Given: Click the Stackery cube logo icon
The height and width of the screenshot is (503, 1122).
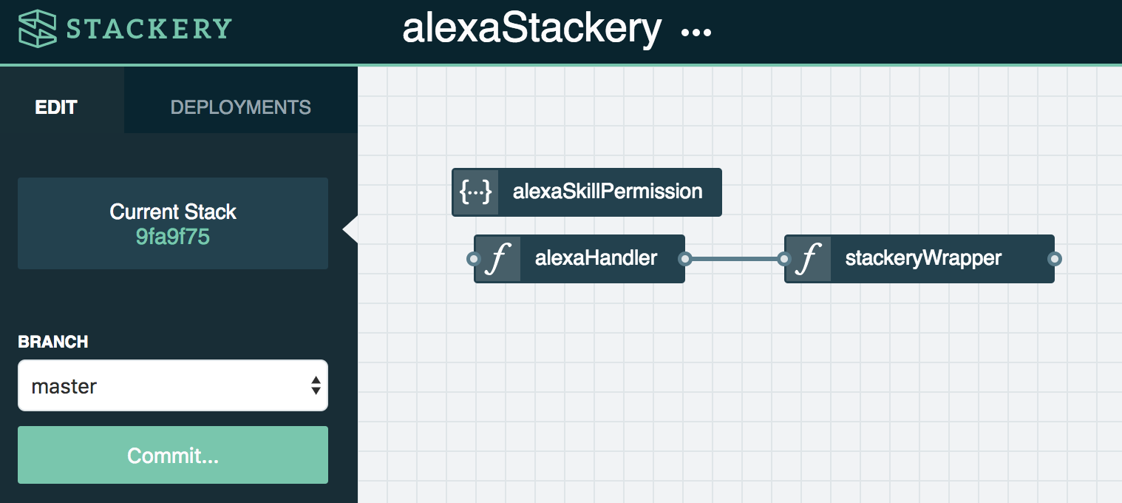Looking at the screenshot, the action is tap(38, 29).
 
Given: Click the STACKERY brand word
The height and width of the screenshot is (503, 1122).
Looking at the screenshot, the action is tap(149, 29).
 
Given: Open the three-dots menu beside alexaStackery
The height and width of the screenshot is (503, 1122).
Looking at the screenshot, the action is tap(696, 33).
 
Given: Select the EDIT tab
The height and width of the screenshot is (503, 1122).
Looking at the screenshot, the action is tap(55, 107).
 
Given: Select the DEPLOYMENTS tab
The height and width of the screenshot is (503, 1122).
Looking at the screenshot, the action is tap(240, 107).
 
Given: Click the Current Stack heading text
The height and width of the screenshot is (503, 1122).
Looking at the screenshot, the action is tap(173, 212).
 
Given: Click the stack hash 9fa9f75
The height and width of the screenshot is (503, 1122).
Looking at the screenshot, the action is tap(173, 237).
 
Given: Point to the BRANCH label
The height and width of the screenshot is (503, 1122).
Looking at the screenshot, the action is tap(53, 342).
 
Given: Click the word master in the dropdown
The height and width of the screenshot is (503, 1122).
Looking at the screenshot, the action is tap(64, 386).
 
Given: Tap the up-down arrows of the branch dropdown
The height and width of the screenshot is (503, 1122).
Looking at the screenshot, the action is tap(316, 385).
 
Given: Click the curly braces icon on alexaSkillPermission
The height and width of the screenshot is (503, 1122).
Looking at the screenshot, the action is tap(475, 192).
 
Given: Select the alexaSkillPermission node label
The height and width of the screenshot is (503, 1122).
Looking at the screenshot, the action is tap(608, 192).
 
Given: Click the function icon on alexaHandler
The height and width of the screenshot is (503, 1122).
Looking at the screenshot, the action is tap(498, 259).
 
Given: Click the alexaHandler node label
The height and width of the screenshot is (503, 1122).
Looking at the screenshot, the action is tap(596, 257).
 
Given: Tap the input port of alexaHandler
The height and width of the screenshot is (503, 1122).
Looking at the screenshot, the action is tap(473, 259).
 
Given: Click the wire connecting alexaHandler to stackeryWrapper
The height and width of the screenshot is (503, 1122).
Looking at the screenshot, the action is tap(735, 259).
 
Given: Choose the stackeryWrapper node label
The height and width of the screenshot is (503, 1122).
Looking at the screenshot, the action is tap(923, 258).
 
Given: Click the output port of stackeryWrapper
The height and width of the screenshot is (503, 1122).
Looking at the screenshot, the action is tap(1055, 259).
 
